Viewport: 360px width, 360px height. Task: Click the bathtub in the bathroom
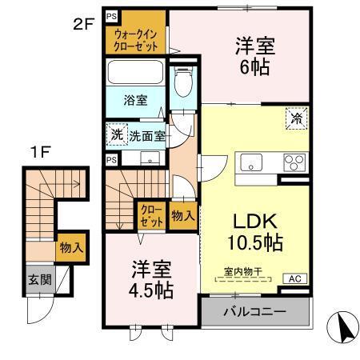(x=136, y=76)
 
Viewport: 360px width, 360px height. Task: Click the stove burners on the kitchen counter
(x=293, y=163)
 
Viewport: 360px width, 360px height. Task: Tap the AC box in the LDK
(x=294, y=278)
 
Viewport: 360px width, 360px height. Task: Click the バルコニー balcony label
(x=254, y=310)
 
